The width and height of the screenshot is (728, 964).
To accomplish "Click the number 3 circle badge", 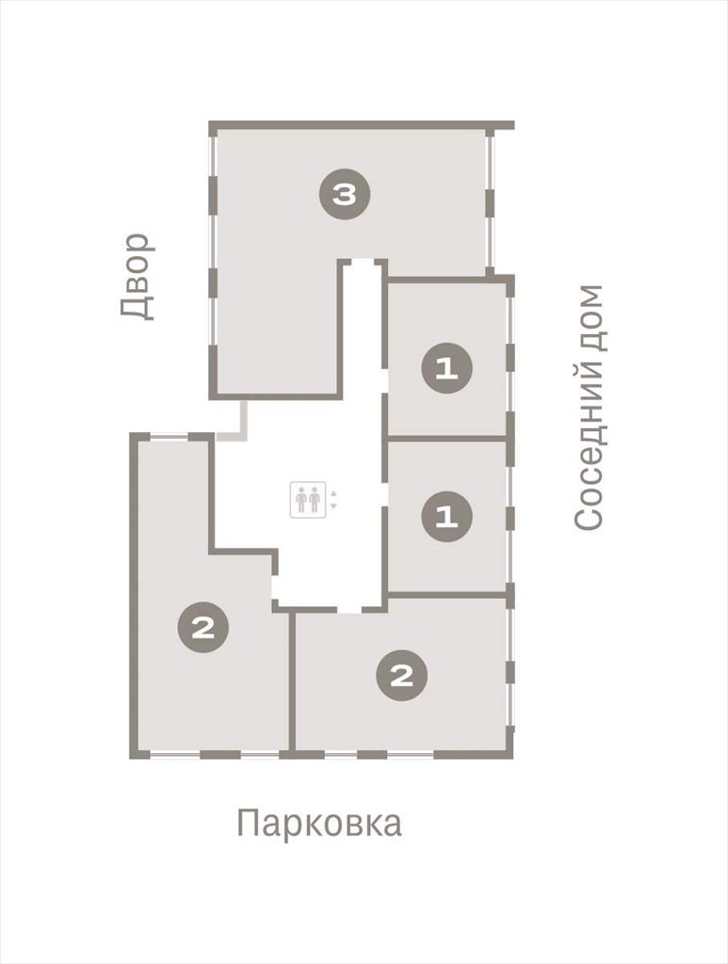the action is (345, 195).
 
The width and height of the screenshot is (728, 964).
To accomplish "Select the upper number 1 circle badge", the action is (447, 369).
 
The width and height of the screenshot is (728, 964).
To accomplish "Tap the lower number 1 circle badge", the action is (447, 517).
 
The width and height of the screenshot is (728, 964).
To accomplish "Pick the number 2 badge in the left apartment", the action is (202, 628).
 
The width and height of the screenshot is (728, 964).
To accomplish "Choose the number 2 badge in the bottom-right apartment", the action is (402, 676).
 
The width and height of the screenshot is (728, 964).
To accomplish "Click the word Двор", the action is (137, 277).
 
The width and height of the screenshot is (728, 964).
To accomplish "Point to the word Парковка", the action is (319, 823).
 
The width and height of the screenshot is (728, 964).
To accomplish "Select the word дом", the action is (589, 317).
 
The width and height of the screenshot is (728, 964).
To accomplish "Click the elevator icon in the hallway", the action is (308, 500).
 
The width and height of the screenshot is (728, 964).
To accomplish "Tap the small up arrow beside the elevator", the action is (333, 493).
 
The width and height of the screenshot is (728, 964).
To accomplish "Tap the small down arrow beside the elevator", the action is (333, 506).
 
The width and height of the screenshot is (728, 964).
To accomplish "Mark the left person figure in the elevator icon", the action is (301, 500).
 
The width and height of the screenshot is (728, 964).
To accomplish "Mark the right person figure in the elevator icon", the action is (315, 500).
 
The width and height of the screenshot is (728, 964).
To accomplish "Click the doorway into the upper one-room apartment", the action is (385, 380).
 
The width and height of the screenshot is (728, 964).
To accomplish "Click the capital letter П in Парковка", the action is (247, 822).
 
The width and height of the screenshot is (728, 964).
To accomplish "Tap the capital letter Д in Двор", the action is (137, 308).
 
